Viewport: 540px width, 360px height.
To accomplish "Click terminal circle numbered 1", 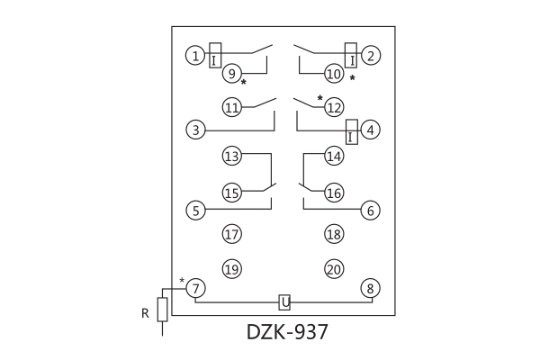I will (x=195, y=56).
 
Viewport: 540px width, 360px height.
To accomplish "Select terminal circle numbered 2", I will (x=369, y=56).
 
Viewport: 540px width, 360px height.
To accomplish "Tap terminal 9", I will (x=232, y=74).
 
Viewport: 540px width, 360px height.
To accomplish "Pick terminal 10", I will (x=334, y=74).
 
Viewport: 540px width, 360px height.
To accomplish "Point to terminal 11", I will (x=232, y=108).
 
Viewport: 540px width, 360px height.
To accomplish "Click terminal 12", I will (x=334, y=108).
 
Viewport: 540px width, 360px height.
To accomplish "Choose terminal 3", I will (x=195, y=130).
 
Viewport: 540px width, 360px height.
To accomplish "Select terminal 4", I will (x=369, y=130).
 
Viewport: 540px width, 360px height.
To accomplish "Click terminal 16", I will (x=334, y=193).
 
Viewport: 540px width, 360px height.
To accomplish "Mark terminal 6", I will (x=369, y=211).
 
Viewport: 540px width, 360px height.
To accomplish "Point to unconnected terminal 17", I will (x=232, y=235).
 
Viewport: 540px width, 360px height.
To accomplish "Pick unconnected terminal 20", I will (x=334, y=269).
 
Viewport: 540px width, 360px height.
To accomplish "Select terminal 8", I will (x=369, y=289).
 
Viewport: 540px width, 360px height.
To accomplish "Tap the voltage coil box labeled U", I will (x=283, y=302).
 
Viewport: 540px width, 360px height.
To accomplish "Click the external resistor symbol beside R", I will (x=162, y=310).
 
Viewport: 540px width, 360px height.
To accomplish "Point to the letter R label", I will (x=144, y=313).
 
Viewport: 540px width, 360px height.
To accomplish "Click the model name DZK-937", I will (x=287, y=332).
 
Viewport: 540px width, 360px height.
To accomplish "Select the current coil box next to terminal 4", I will (x=352, y=130).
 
